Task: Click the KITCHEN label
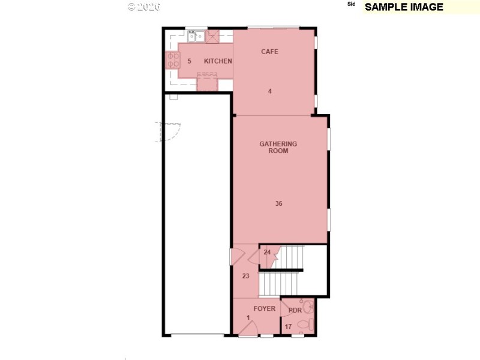click(x=218, y=61)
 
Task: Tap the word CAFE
click(x=269, y=52)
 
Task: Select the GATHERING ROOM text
click(x=278, y=148)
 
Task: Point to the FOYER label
click(x=264, y=309)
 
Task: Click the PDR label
click(x=295, y=310)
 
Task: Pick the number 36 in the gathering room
click(x=278, y=204)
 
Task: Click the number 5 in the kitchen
click(x=189, y=61)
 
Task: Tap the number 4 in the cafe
click(x=270, y=91)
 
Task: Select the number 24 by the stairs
click(x=267, y=252)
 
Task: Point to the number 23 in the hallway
click(x=245, y=276)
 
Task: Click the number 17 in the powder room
click(x=288, y=326)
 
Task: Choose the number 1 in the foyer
click(x=247, y=317)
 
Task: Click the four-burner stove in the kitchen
click(x=172, y=60)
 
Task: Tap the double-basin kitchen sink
click(x=195, y=37)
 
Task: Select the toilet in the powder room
click(x=307, y=325)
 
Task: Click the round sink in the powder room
click(x=308, y=307)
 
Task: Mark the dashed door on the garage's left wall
click(x=169, y=131)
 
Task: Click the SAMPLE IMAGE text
click(x=404, y=7)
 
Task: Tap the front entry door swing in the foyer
click(x=251, y=328)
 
